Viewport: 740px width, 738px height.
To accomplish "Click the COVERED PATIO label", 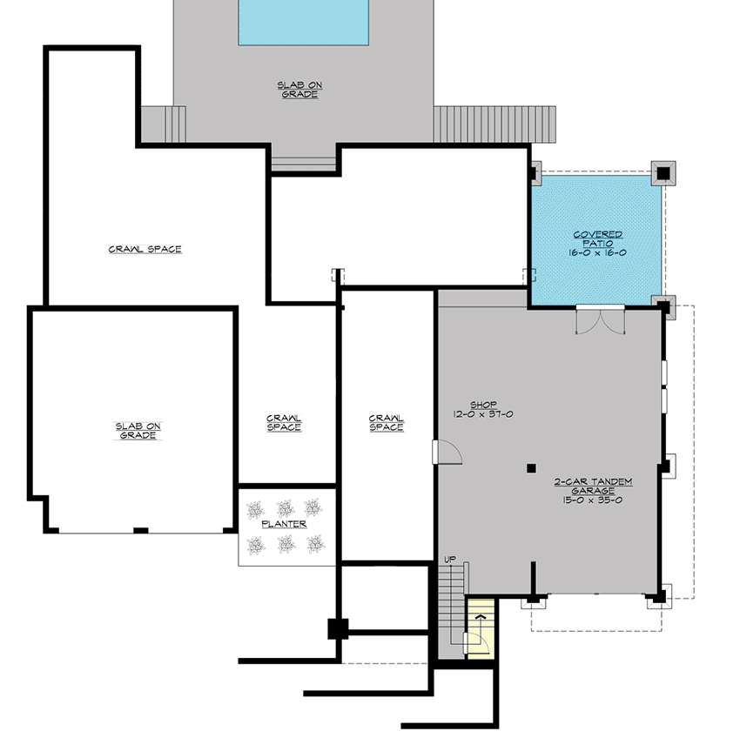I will click(x=597, y=239).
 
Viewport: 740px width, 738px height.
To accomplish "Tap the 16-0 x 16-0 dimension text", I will click(x=597, y=252).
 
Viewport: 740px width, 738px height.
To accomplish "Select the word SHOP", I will click(x=483, y=405).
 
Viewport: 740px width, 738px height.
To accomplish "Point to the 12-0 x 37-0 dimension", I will click(x=483, y=414).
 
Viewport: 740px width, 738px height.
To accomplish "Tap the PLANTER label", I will click(x=285, y=525).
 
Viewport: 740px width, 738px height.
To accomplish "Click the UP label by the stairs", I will click(x=450, y=560).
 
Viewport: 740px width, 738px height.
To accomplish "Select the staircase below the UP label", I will click(x=451, y=609).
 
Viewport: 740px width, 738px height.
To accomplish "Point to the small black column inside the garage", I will click(x=530, y=468).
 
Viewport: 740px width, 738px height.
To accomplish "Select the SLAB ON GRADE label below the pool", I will click(x=299, y=89).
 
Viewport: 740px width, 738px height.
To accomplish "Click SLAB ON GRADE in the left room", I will click(x=138, y=430).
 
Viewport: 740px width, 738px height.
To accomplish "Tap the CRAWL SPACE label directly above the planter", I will click(x=285, y=422).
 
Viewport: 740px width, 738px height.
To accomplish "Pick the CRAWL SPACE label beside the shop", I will click(x=386, y=422).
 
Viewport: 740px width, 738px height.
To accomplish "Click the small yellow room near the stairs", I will click(x=481, y=627).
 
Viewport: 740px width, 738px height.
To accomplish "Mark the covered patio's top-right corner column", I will click(x=663, y=172).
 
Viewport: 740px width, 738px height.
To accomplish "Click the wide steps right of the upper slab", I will click(x=494, y=124).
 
